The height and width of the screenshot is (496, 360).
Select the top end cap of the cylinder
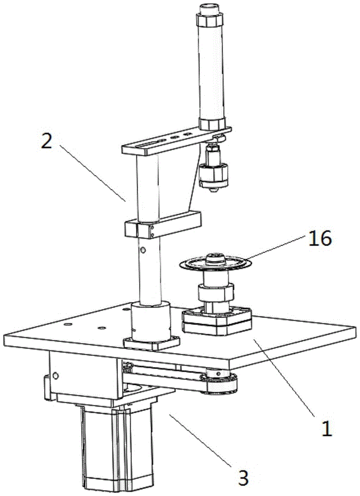click(x=210, y=20)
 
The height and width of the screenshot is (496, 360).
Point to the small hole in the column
click(x=143, y=250)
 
